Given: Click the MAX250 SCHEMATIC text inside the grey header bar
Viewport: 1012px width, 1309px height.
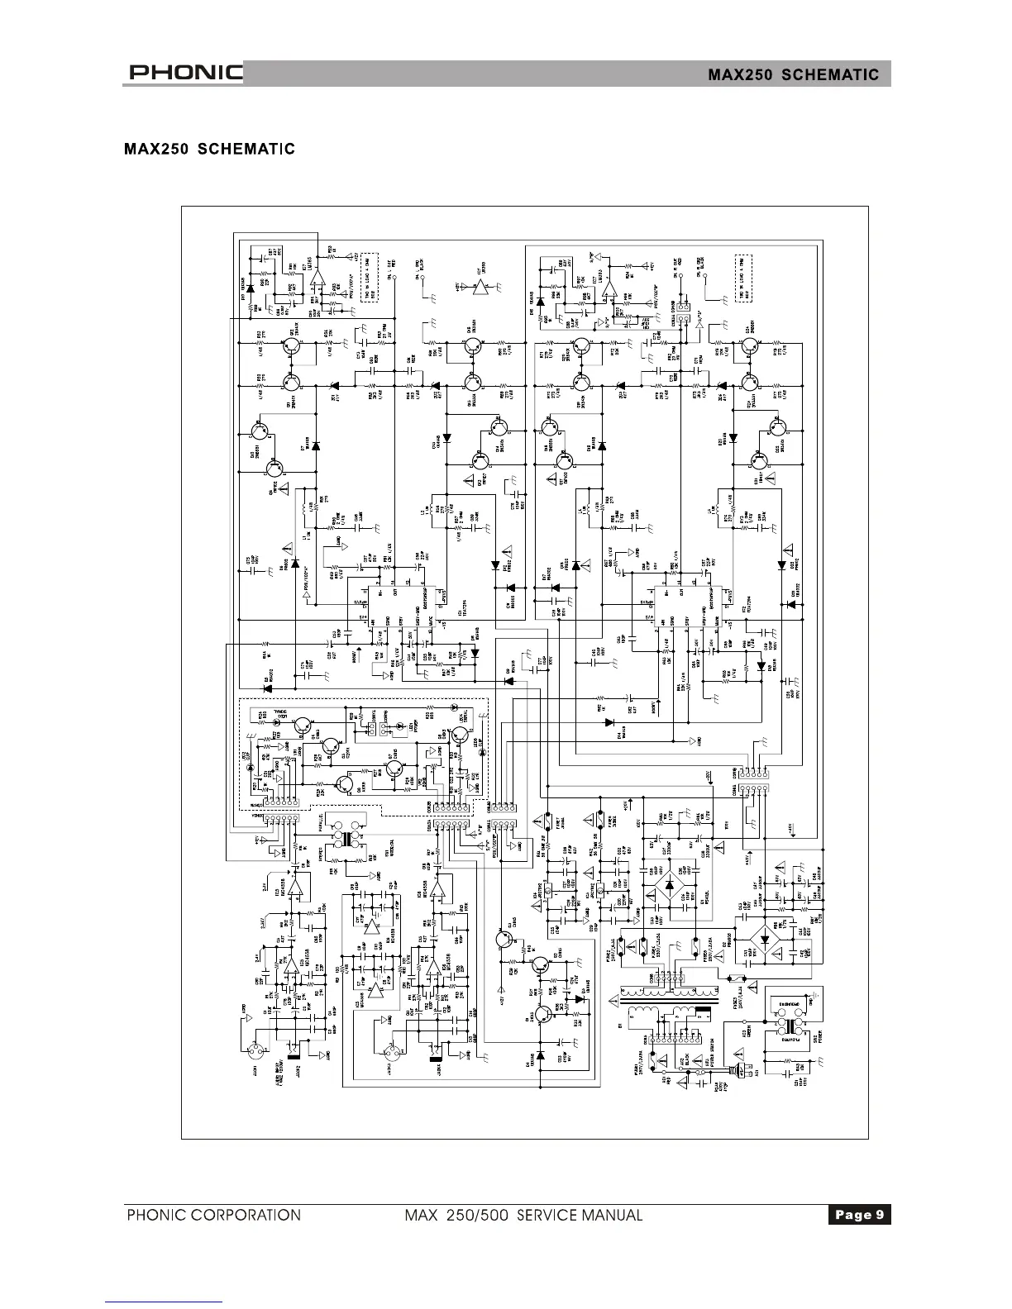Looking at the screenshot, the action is click(793, 74).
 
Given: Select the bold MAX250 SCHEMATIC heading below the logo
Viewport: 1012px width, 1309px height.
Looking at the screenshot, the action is click(209, 150).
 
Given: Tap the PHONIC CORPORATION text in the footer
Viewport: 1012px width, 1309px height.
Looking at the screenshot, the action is click(213, 1215).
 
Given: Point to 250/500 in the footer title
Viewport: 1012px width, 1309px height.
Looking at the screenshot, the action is click(480, 1215).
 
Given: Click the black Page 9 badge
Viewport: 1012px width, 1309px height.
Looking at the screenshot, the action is click(859, 1214).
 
